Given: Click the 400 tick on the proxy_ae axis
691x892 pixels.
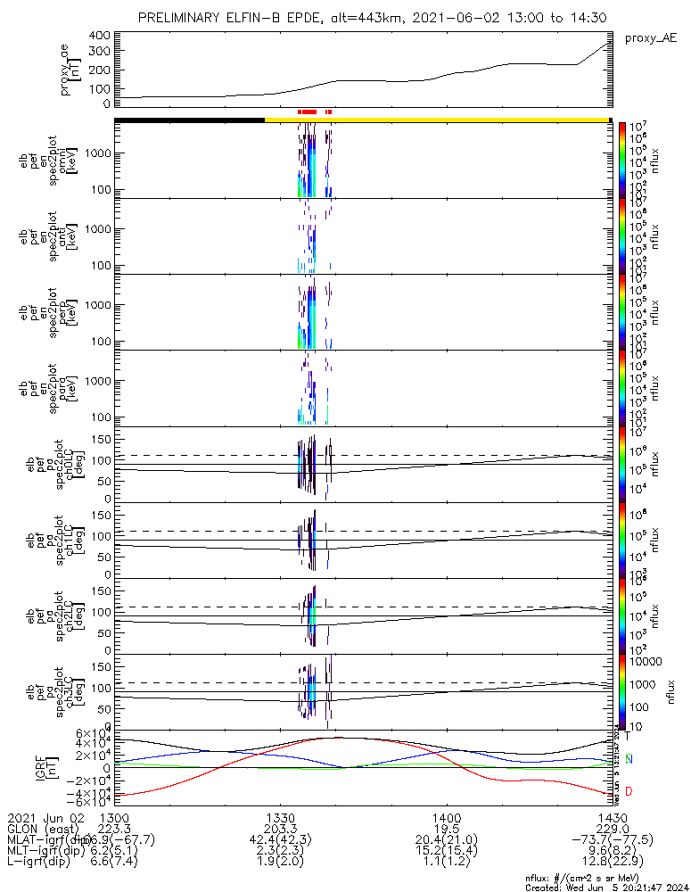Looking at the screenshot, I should tap(99, 35).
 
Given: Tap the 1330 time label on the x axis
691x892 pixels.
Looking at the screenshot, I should tap(279, 816).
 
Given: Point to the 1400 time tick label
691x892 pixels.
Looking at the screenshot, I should tap(446, 816).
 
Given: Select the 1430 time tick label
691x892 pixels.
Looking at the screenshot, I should tap(613, 816).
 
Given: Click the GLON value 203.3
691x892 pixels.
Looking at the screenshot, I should tap(279, 828).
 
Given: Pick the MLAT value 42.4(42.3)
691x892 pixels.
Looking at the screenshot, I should tap(279, 839).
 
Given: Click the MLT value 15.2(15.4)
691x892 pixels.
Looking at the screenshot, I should tap(446, 851).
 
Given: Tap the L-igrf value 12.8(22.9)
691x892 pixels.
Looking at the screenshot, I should tap(613, 863).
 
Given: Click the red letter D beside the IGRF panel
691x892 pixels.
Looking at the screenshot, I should tap(629, 791).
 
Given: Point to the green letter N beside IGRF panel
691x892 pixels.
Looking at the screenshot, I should tap(629, 759).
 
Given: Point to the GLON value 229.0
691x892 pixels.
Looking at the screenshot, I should tap(613, 828).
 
